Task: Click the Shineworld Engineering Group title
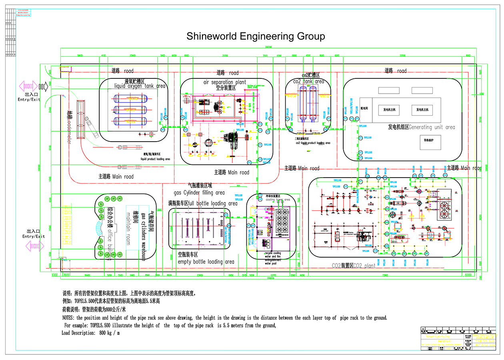coord(256,36)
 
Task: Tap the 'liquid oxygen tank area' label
coord(140,86)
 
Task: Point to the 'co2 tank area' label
coord(308,82)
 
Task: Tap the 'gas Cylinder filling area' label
coord(199,193)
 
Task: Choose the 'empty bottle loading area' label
coord(206,262)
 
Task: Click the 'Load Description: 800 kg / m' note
coord(91,333)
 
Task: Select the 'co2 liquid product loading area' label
coord(313,143)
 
